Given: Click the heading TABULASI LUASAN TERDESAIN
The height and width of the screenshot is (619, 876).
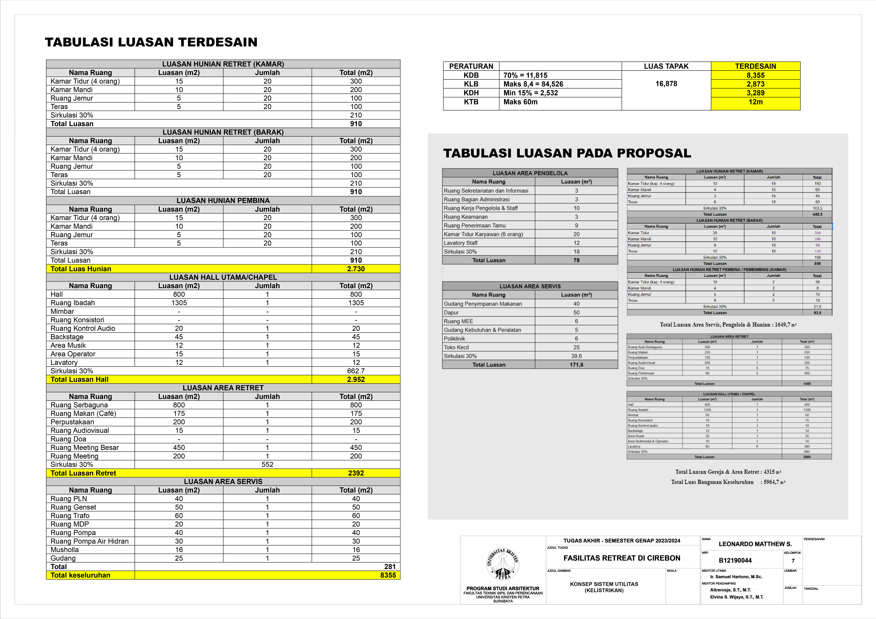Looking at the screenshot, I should [x=151, y=42].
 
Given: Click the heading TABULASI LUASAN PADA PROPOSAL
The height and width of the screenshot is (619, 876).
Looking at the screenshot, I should [x=567, y=153].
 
